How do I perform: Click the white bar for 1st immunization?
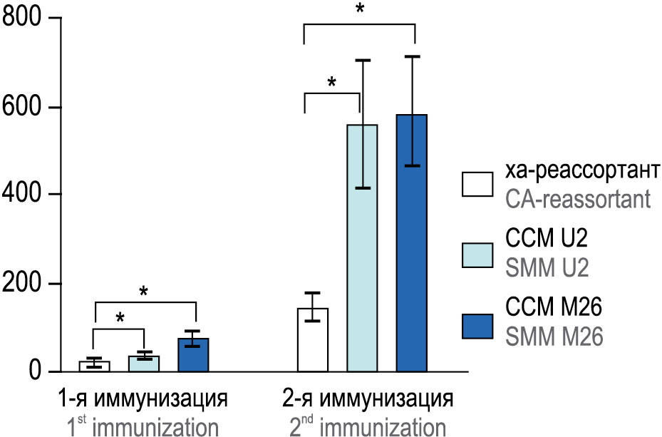pyautogui.click(x=94, y=366)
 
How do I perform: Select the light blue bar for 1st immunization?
pyautogui.click(x=144, y=364)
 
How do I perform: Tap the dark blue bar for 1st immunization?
pyautogui.click(x=193, y=355)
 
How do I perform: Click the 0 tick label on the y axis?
pyautogui.click(x=36, y=371)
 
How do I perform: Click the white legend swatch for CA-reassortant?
pyautogui.click(x=477, y=183)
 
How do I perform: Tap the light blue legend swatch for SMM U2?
pyautogui.click(x=477, y=255)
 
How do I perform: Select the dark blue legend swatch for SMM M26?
pyautogui.click(x=477, y=326)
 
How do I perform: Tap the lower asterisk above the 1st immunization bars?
pyautogui.click(x=120, y=318)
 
